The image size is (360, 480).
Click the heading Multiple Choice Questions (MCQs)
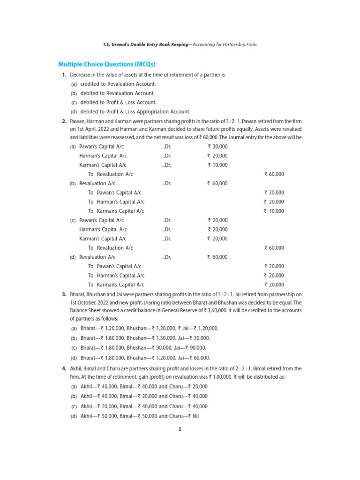coord(106,64)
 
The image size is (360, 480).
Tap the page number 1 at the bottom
coord(180,429)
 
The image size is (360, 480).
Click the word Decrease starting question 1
coord(81,75)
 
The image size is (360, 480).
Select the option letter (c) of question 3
coord(74,347)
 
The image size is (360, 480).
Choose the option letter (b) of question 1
coord(74,93)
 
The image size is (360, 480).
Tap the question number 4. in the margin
coord(64,368)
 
